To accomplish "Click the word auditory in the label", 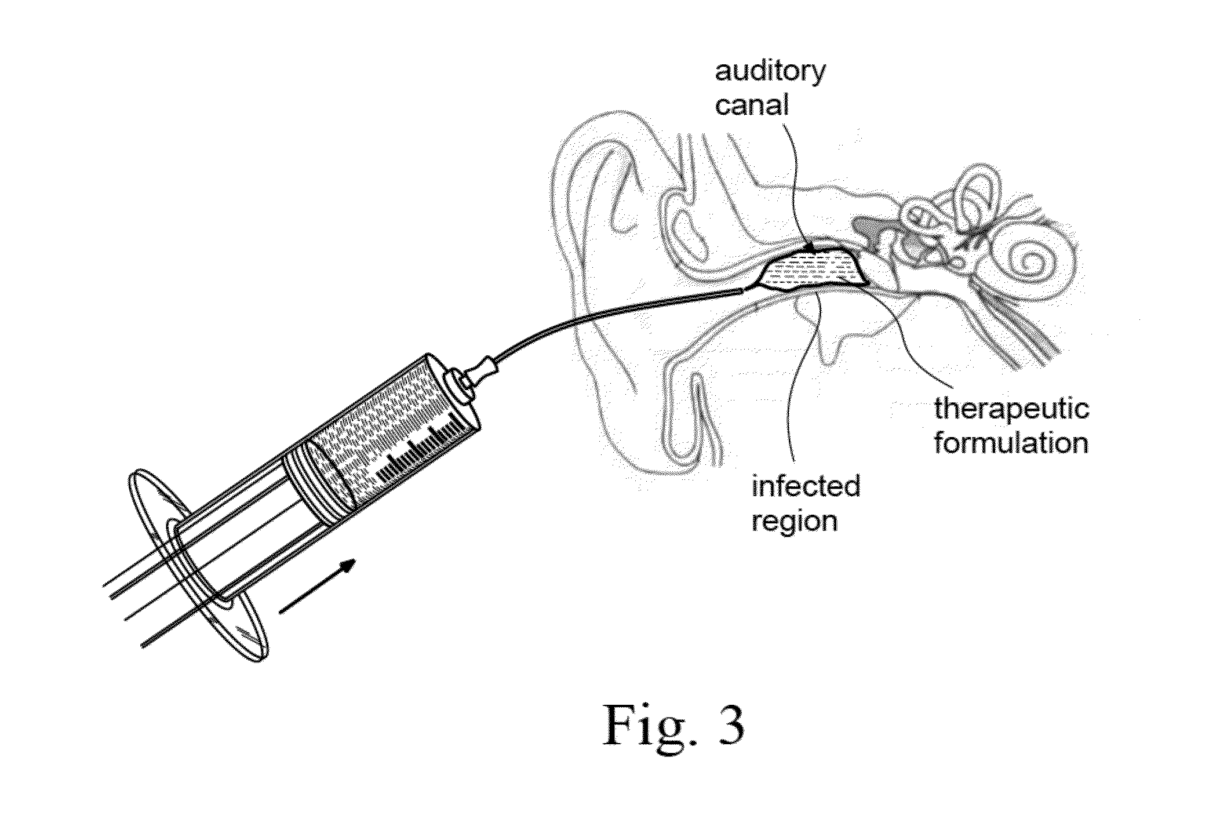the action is click(770, 72).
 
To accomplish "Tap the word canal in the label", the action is click(752, 105).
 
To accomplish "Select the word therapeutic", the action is click(1012, 408).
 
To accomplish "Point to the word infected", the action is click(806, 485).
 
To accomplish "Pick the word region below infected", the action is click(795, 520).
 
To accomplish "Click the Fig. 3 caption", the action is click(673, 725).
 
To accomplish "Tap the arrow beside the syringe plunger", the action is click(318, 585).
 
